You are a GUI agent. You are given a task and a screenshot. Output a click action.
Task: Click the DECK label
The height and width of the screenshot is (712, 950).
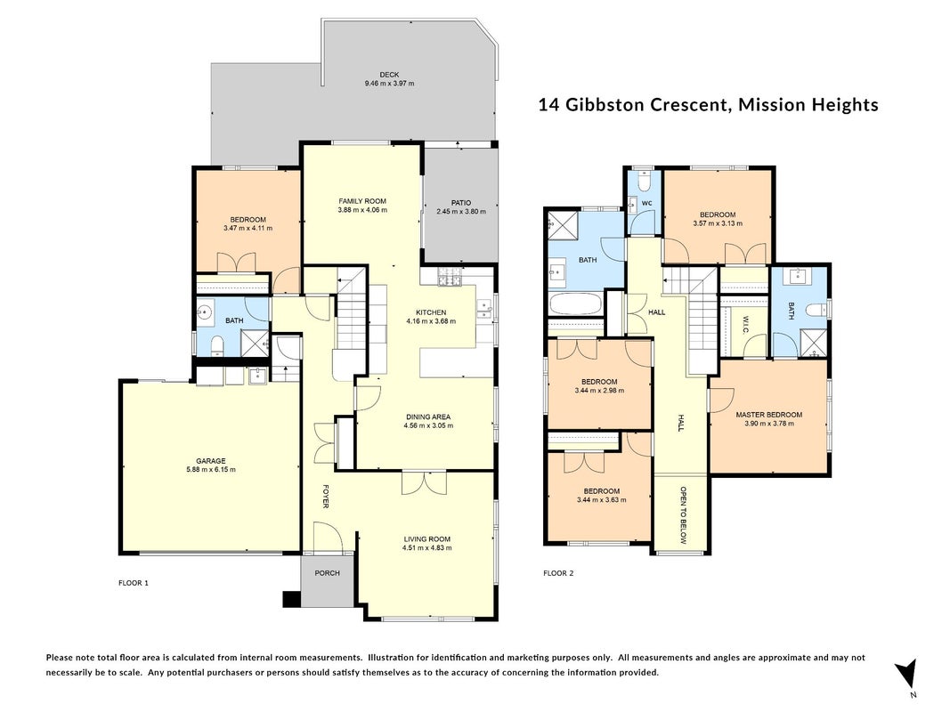(x=390, y=75)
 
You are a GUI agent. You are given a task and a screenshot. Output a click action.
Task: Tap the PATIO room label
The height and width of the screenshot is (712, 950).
(x=461, y=203)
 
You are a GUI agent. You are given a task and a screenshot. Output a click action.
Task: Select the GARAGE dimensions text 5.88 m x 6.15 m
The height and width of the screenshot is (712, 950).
(x=211, y=469)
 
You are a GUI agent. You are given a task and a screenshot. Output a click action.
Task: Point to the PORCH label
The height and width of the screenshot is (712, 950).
(x=327, y=573)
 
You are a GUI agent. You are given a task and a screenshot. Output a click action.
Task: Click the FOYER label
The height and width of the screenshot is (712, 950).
(x=325, y=496)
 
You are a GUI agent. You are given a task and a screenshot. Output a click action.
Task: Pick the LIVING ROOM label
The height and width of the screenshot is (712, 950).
(x=427, y=538)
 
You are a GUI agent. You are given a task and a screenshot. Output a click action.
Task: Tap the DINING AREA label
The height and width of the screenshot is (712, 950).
(x=427, y=417)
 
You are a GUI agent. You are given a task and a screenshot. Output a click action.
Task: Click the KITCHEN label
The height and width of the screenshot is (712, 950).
(x=431, y=312)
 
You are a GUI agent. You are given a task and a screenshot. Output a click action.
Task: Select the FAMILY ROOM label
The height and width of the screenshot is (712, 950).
(x=362, y=201)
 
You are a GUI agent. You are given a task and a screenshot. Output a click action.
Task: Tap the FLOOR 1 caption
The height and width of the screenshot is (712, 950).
(x=134, y=583)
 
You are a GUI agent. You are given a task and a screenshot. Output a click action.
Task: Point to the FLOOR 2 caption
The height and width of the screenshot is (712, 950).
(x=558, y=573)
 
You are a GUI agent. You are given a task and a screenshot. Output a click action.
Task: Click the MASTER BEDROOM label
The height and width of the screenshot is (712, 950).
(x=769, y=415)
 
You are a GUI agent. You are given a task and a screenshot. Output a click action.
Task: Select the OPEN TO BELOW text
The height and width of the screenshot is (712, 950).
(x=683, y=514)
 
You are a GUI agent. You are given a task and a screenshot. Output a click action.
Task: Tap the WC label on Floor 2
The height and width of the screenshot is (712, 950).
(x=646, y=204)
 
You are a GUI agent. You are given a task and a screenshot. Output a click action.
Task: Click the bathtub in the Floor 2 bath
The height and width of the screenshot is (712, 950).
(x=574, y=304)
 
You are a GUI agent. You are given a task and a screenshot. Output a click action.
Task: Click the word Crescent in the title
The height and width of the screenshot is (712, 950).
(x=688, y=105)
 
